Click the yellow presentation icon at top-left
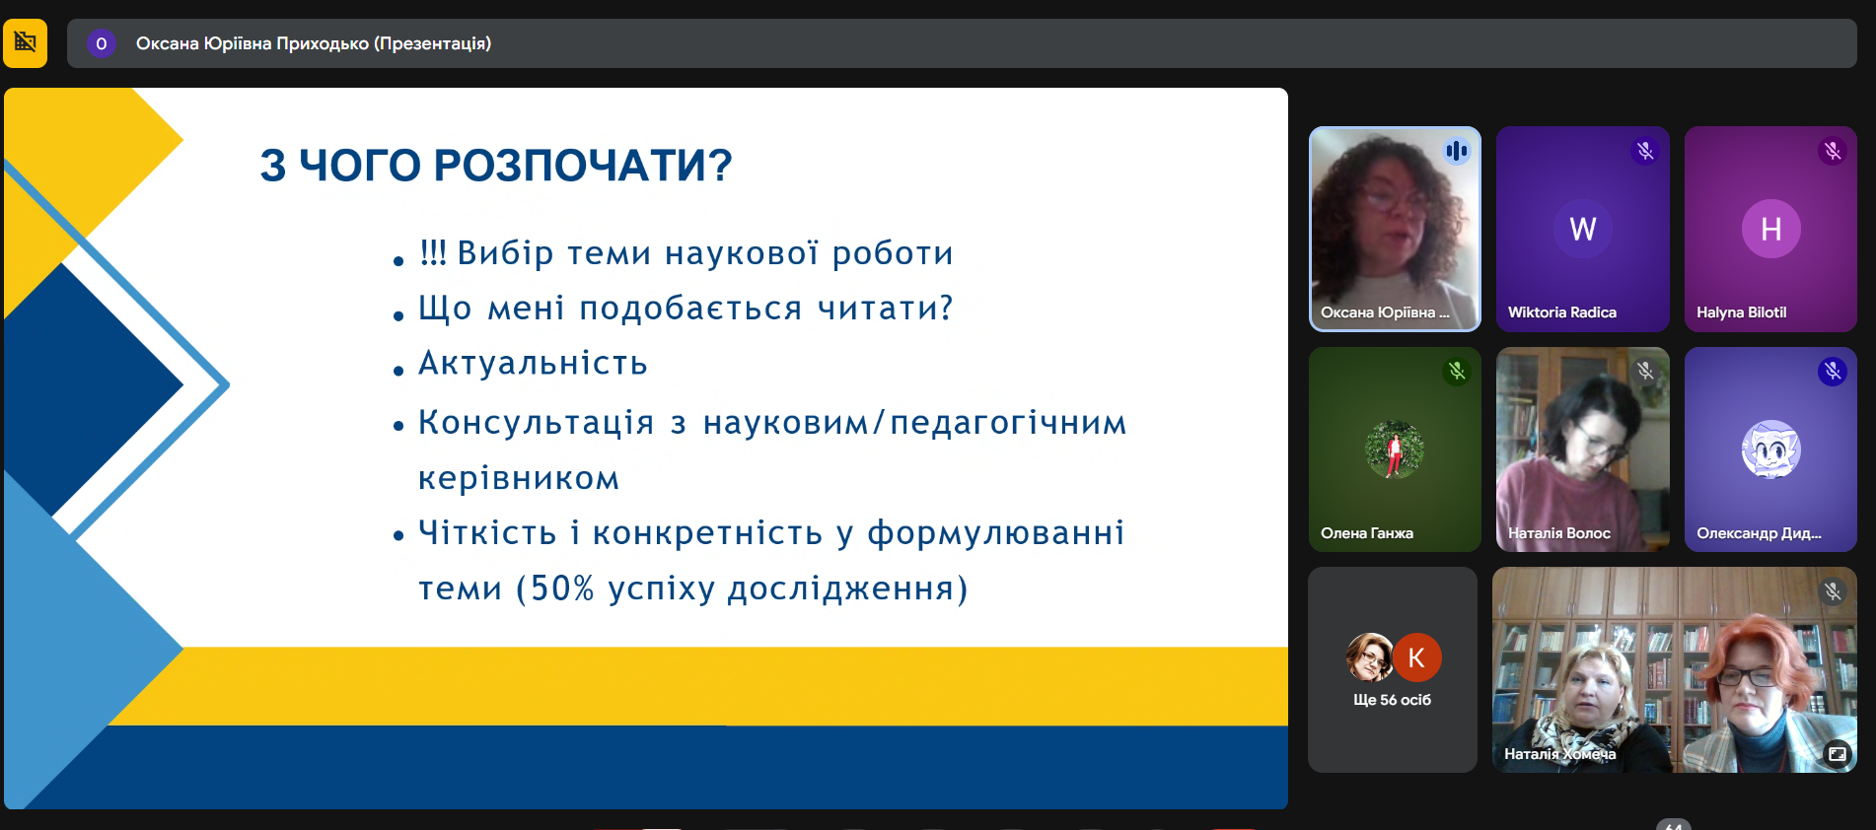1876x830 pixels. click(25, 43)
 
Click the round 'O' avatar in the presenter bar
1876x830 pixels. click(102, 43)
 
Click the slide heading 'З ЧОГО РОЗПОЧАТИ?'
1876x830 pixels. click(496, 166)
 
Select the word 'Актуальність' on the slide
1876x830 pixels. click(533, 364)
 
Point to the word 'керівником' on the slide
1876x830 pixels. click(519, 478)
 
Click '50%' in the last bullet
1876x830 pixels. click(562, 588)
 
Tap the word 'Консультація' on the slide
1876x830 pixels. click(537, 423)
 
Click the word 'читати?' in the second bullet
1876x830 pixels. click(886, 309)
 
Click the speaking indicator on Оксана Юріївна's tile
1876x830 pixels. click(1457, 151)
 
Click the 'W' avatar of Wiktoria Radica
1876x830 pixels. click(1583, 229)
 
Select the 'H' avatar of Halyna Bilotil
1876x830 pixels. click(1771, 229)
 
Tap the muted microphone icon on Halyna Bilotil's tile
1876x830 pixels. click(1833, 151)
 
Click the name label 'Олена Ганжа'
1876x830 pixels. click(1367, 533)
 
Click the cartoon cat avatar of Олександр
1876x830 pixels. click(1771, 450)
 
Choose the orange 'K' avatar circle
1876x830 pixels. click(1416, 657)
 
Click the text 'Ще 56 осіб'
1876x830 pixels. click(1393, 700)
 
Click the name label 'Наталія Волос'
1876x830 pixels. click(1559, 533)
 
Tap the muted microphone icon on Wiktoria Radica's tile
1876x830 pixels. click(1645, 151)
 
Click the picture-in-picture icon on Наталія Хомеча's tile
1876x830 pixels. click(1838, 754)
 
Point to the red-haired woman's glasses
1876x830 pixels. click(1748, 676)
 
